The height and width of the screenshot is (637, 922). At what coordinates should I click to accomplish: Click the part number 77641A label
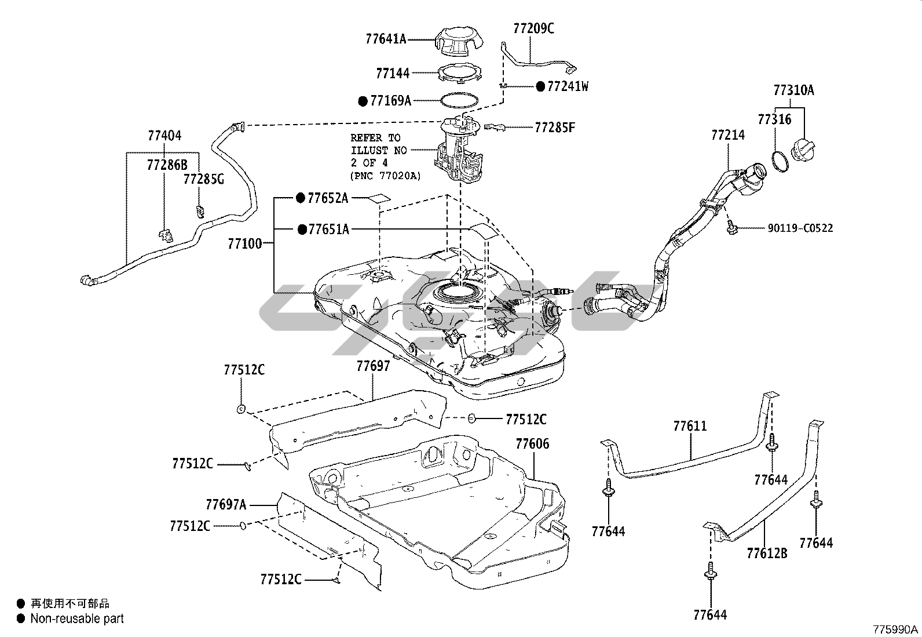tap(386, 39)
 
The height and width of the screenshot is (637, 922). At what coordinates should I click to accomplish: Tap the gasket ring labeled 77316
tap(780, 161)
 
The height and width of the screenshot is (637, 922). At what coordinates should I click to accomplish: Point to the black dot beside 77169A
tap(363, 101)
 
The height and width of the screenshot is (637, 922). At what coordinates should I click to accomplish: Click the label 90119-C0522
tap(800, 228)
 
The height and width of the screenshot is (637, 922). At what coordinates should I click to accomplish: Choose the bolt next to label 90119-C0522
tap(731, 227)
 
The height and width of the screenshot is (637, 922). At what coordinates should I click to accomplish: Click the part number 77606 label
tap(532, 444)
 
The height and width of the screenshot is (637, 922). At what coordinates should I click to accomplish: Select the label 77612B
tap(767, 553)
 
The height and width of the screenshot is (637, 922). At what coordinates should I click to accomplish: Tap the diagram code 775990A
tap(896, 629)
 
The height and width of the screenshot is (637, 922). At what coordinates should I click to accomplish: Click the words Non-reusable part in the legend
tap(77, 618)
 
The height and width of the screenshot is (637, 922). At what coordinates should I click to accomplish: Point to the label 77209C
tap(533, 28)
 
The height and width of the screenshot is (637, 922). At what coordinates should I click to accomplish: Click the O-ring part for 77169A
tap(459, 100)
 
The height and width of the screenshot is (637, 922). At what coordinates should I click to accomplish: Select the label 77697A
tap(226, 504)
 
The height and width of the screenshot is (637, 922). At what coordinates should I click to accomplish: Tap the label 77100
tap(245, 244)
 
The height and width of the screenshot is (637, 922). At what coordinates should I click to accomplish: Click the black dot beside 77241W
tap(540, 86)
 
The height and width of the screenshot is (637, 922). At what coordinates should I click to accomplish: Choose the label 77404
tap(164, 136)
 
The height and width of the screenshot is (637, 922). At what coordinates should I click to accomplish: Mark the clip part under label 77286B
tap(166, 236)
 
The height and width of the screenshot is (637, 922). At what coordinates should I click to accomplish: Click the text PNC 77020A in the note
tap(386, 176)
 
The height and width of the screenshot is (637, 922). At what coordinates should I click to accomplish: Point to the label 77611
tap(690, 426)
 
